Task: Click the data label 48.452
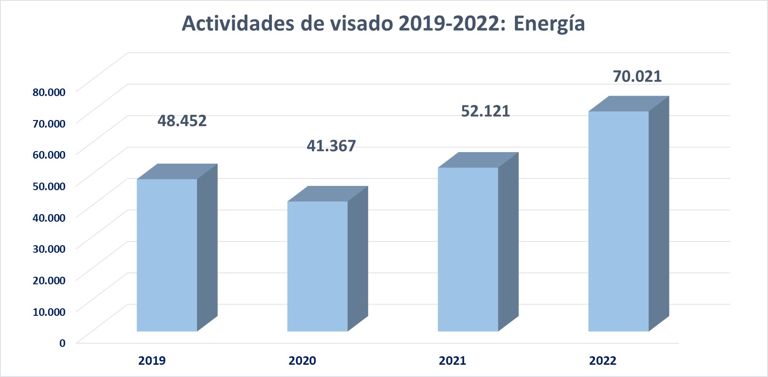[x=182, y=121]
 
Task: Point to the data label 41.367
[x=331, y=146]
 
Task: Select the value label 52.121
[x=485, y=111]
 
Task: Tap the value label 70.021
[x=637, y=76]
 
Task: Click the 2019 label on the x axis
[x=152, y=361]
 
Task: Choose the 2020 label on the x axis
[x=302, y=361]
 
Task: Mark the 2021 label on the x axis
[x=452, y=361]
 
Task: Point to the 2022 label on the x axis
[x=603, y=361]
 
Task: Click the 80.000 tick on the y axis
[x=49, y=92]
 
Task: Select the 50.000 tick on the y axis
[x=49, y=186]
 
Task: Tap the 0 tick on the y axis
[x=62, y=343]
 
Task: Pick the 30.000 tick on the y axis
[x=49, y=249]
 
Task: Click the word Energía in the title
[x=549, y=24]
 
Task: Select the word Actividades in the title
[x=238, y=24]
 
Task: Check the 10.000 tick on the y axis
[x=49, y=312]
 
